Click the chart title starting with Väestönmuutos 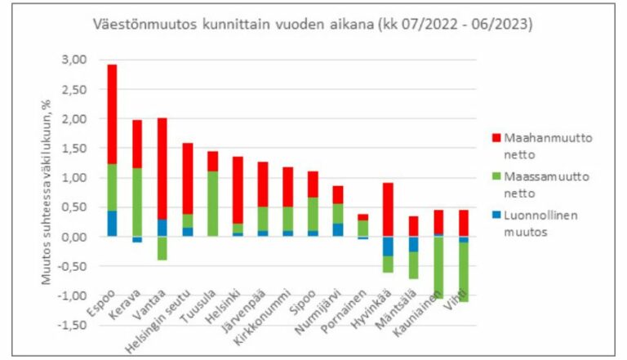[x=313, y=25]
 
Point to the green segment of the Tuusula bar [x=212, y=203]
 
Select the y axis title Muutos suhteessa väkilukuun [x=49, y=192]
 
